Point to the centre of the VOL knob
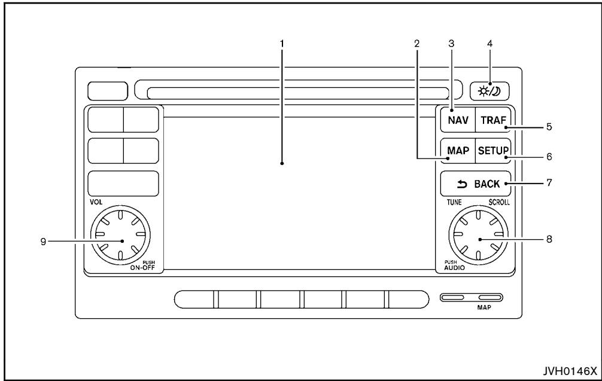(121, 239)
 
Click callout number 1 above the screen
(281, 43)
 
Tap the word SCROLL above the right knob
(498, 202)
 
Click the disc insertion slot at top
(297, 92)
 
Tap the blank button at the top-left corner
(108, 91)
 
